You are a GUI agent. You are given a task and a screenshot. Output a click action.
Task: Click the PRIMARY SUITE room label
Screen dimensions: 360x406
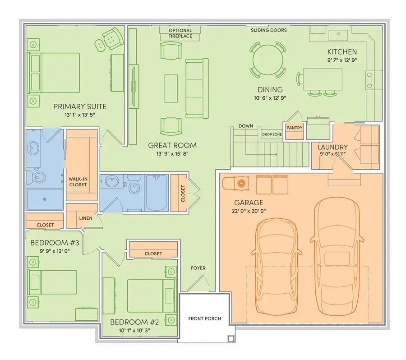point(80,106)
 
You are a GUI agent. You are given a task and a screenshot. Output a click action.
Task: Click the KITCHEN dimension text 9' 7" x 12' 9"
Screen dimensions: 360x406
point(342,60)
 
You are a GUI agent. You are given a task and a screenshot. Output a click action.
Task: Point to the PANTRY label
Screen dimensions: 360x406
point(294,128)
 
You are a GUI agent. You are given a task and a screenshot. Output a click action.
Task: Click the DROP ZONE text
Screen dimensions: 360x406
point(272,134)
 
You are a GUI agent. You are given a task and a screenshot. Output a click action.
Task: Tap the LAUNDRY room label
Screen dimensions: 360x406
point(332,147)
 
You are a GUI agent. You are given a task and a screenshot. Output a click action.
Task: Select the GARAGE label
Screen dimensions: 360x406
point(249,203)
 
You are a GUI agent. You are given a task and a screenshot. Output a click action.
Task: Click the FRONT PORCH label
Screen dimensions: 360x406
point(204,318)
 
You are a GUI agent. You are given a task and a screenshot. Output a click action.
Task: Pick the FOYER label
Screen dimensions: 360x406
point(198,268)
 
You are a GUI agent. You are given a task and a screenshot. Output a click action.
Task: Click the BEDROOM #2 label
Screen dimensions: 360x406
point(135,322)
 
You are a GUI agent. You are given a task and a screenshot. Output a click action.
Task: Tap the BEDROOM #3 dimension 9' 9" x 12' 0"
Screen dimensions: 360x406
point(54,252)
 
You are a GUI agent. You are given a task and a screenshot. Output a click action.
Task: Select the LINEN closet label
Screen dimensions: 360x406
point(85,218)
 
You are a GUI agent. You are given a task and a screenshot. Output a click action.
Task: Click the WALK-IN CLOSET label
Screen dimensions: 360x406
point(78,182)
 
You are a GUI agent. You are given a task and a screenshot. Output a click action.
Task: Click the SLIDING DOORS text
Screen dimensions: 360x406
point(269,30)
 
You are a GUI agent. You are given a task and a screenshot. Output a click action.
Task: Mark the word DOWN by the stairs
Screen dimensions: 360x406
point(245,126)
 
